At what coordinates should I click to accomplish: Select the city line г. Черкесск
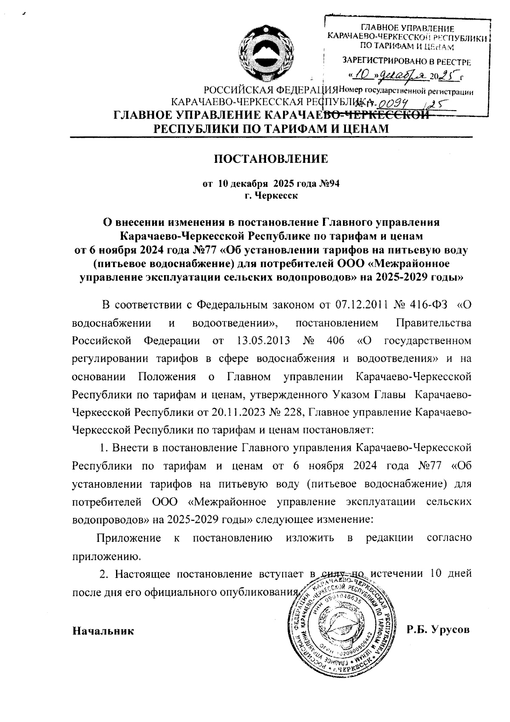click(x=270, y=196)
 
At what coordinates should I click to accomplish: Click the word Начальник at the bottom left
click(x=103, y=631)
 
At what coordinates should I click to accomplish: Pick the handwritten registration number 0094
click(x=393, y=103)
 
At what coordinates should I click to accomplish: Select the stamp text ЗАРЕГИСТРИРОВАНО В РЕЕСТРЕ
click(x=406, y=62)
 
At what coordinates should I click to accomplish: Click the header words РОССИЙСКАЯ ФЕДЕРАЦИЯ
click(x=271, y=91)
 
